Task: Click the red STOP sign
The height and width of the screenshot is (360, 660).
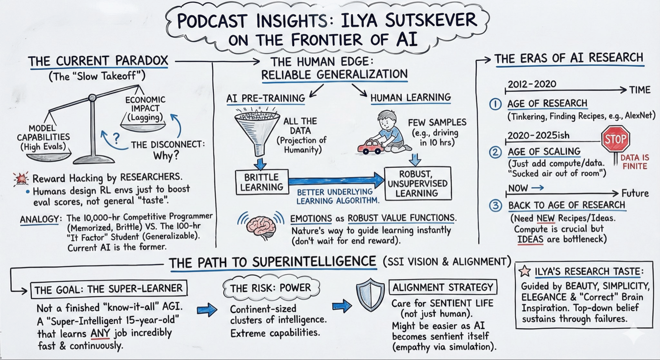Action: point(615,139)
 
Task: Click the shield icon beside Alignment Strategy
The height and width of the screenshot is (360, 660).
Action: point(370,295)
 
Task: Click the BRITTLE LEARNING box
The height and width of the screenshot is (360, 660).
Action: point(262,182)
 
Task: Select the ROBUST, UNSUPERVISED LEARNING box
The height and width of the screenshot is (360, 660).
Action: point(417,183)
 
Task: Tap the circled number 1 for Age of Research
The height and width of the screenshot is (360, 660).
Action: point(495,104)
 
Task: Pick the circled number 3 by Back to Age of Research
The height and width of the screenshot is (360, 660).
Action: point(495,206)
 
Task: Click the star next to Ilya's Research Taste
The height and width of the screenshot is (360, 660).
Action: point(525,271)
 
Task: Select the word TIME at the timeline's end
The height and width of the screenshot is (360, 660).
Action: point(640,90)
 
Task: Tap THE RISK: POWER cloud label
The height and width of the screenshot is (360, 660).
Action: point(271,288)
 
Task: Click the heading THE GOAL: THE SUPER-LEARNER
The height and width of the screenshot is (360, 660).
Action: point(109,289)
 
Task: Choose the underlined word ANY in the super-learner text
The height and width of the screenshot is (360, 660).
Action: point(100,333)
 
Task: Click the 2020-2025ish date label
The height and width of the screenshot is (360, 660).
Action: point(538,135)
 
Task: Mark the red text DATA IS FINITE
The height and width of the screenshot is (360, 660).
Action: point(635,162)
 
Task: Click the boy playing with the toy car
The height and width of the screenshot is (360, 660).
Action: point(392,129)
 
